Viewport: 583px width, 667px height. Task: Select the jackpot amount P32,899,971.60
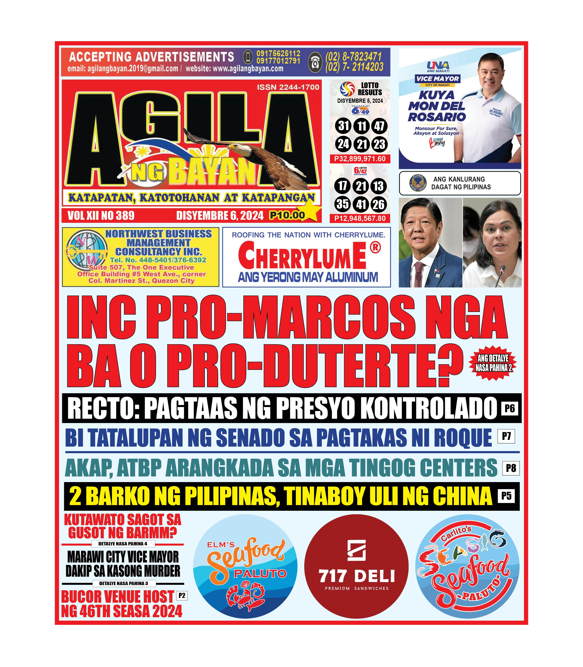tap(360, 159)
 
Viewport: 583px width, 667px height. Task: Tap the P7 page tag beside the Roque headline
tap(506, 436)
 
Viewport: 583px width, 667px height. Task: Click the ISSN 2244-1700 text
tap(288, 87)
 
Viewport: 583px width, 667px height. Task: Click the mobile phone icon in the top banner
tap(248, 57)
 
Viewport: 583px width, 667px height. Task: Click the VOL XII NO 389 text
tap(101, 215)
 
